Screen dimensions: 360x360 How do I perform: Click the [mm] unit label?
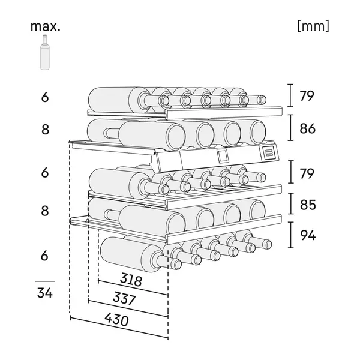click(313, 26)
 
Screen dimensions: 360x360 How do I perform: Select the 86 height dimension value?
click(307, 128)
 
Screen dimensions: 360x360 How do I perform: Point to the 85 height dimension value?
click(307, 205)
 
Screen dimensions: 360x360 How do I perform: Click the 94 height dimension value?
click(307, 236)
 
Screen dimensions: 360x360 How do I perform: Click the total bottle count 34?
click(45, 294)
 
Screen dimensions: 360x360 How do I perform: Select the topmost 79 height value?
click(307, 96)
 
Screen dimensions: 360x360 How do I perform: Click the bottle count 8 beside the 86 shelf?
click(45, 128)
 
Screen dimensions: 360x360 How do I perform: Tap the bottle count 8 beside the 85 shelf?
click(45, 211)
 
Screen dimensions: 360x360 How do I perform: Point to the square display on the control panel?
click(223, 155)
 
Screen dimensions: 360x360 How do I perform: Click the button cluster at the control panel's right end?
click(269, 152)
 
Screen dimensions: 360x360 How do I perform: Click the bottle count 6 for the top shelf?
click(45, 96)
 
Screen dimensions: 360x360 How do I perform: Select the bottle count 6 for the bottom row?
click(45, 255)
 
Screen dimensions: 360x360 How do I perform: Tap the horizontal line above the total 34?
click(45, 281)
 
